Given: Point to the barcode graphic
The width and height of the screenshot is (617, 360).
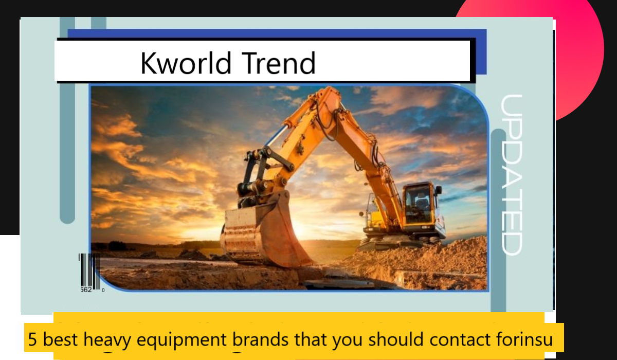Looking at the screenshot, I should coord(88,270).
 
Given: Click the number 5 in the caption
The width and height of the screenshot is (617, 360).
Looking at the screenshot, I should coord(32,339).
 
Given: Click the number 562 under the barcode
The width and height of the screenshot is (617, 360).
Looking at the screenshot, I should coord(86,290).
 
